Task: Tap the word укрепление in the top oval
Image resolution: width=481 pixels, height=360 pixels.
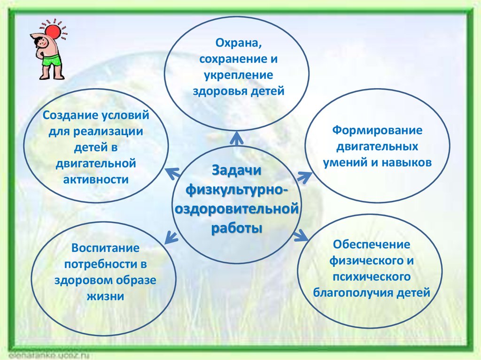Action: pyautogui.click(x=238, y=76)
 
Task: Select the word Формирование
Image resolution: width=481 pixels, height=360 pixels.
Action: pyautogui.click(x=377, y=130)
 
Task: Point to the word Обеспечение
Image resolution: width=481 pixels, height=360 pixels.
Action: pyautogui.click(x=372, y=245)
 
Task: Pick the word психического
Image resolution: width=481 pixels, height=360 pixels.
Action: pyautogui.click(x=372, y=277)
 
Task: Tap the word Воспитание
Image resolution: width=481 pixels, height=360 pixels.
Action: pyautogui.click(x=105, y=248)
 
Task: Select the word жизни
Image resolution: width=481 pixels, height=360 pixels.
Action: pyautogui.click(x=105, y=296)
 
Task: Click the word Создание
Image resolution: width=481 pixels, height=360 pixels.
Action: pyautogui.click(x=70, y=115)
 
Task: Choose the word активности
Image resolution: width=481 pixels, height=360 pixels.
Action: pyautogui.click(x=96, y=179)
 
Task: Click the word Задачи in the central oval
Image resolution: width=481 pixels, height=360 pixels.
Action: pyautogui.click(x=237, y=170)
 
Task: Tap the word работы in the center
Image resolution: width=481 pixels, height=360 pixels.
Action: pyautogui.click(x=237, y=229)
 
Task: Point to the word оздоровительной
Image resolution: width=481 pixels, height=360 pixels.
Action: pyautogui.click(x=237, y=209)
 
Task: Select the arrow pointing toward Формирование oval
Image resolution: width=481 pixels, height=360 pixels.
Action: pyautogui.click(x=304, y=177)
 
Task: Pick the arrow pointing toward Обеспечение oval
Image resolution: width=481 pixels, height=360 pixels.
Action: pyautogui.click(x=301, y=235)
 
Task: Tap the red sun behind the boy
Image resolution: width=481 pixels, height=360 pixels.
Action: pyautogui.click(x=54, y=32)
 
